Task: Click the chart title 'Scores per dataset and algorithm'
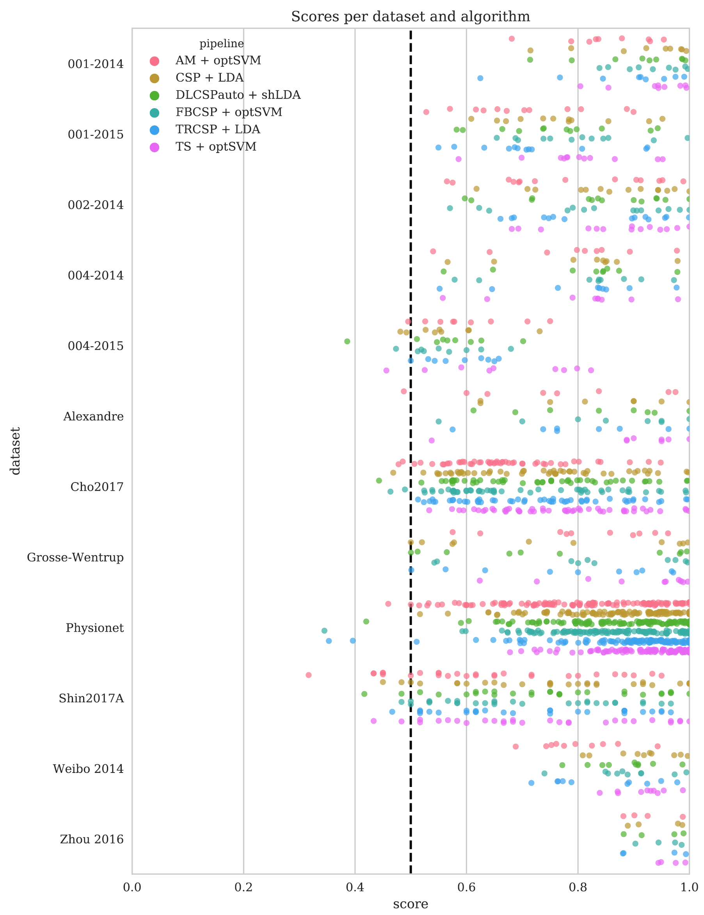(x=411, y=17)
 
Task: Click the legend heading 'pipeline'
(x=221, y=44)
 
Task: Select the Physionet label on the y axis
(x=95, y=628)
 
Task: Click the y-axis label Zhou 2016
(x=92, y=839)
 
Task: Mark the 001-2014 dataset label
(x=96, y=64)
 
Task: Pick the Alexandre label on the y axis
(x=93, y=417)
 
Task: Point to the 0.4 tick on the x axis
(x=355, y=887)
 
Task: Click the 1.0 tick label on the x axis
(x=689, y=887)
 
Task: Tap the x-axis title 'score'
(x=411, y=904)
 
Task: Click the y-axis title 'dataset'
(x=16, y=451)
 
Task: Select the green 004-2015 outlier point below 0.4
(x=347, y=342)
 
